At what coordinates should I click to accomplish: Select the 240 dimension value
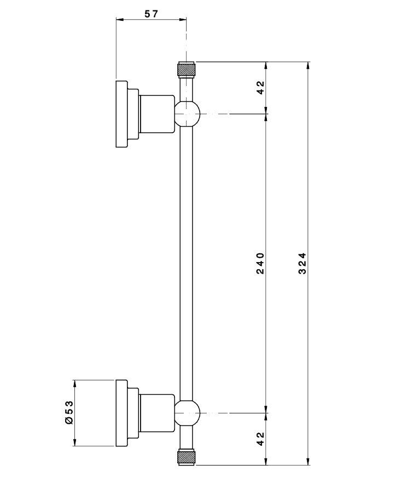[260, 263]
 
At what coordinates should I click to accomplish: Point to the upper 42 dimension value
[260, 87]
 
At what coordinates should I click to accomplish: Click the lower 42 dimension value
[260, 438]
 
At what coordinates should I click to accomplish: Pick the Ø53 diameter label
[68, 412]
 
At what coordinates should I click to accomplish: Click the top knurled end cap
[187, 70]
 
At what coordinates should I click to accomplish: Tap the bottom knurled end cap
[187, 457]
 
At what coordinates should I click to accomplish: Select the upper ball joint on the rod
[187, 113]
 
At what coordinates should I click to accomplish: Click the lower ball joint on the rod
[187, 413]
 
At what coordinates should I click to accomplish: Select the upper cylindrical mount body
[156, 114]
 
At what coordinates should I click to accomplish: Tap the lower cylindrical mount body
[156, 413]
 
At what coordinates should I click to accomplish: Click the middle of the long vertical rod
[187, 263]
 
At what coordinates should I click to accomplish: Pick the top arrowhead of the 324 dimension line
[309, 65]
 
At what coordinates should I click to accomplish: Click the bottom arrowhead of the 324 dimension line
[309, 462]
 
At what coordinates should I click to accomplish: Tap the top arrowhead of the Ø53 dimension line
[75, 383]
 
